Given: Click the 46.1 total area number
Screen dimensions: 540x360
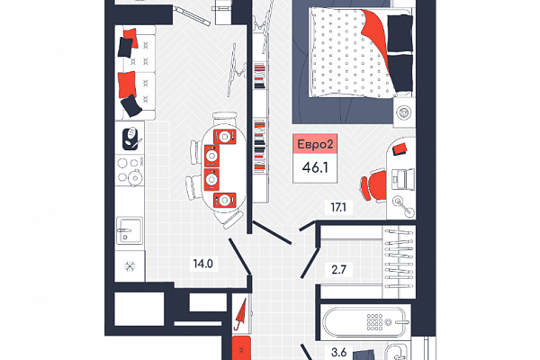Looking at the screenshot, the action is coord(315,167).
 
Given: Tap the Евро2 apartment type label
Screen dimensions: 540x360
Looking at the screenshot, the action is coord(315,144).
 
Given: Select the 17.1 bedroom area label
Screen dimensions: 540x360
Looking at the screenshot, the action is coord(338,207).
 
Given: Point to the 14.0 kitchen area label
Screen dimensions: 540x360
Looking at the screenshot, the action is coord(202,264).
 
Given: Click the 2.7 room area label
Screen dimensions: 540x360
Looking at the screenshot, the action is coord(339,269).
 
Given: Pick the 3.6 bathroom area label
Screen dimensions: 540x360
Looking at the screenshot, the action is coord(338,353).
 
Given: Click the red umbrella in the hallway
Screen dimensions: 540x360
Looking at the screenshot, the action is coord(240,314).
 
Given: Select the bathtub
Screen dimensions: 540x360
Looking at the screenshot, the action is coord(364,322).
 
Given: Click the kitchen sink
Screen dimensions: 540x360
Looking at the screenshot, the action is coord(129,230).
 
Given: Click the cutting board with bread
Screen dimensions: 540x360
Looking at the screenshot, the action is coord(132,139).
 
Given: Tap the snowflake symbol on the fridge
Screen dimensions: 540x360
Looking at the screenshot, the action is coord(130,266).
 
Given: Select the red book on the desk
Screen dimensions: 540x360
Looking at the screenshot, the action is coord(400,149).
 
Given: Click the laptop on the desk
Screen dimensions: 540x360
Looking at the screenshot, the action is coord(403,179).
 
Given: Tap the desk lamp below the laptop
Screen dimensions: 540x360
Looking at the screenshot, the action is coord(403,206).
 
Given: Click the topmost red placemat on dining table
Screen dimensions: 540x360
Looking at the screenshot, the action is coord(224,137).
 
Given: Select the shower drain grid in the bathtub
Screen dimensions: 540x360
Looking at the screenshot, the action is coord(374,322).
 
